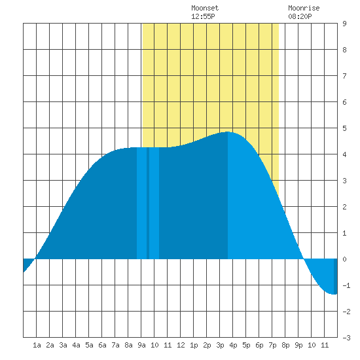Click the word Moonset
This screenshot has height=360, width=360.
tap(205, 8)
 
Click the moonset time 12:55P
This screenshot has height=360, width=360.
tap(203, 16)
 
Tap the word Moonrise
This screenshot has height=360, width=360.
tap(304, 8)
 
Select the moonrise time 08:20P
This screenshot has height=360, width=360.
tap(300, 16)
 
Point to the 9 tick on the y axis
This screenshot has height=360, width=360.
tap(344, 24)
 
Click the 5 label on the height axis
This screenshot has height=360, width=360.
tap(344, 128)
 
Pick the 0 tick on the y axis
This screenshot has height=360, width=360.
tap(344, 259)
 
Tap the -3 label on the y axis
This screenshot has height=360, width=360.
tap(346, 338)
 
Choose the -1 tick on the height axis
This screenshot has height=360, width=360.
tap(346, 285)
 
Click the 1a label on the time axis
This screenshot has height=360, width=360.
tap(37, 345)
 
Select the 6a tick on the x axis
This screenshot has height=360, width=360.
tap(102, 345)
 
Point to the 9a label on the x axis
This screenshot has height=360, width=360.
tap(141, 345)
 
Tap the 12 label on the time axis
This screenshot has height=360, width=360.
tap(181, 345)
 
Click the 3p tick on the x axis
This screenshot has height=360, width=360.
tap(220, 345)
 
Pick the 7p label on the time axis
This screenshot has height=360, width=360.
tap(272, 345)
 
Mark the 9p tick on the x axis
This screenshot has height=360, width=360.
tap(298, 345)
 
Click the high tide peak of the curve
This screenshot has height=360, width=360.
tap(227, 132)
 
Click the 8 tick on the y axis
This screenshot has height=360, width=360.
tap(344, 50)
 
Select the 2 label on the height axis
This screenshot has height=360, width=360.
tap(344, 207)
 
